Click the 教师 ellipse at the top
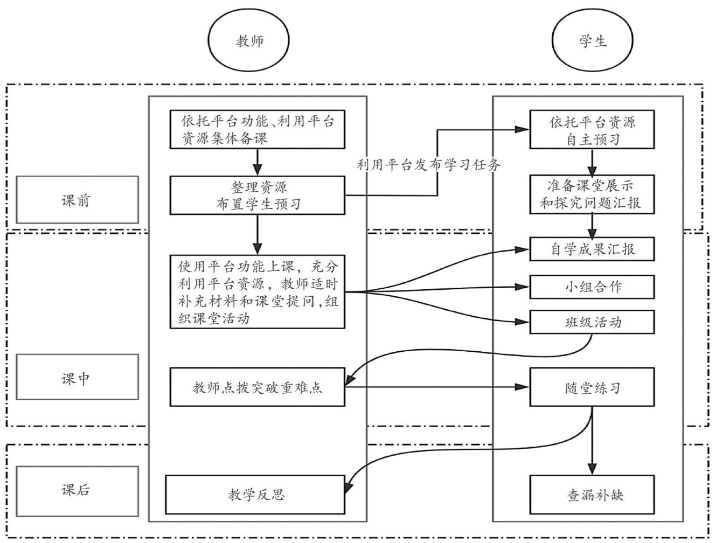pyautogui.click(x=249, y=41)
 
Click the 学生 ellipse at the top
pyautogui.click(x=593, y=41)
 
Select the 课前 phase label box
pyautogui.click(x=77, y=200)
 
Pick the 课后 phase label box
pyautogui.click(x=77, y=490)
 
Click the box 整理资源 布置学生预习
pyautogui.click(x=258, y=195)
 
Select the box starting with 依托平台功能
pyautogui.click(x=258, y=129)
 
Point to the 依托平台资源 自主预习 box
pyautogui.click(x=592, y=130)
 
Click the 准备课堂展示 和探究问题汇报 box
pyautogui.click(x=592, y=194)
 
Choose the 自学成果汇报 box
pyautogui.click(x=592, y=249)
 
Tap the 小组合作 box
pyautogui.click(x=592, y=287)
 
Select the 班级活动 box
pyautogui.click(x=592, y=322)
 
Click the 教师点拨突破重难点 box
pyautogui.click(x=258, y=387)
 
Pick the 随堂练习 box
pyautogui.click(x=592, y=387)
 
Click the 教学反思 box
pyautogui.click(x=255, y=495)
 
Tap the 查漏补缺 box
pyautogui.click(x=592, y=495)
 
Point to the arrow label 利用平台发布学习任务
pyautogui.click(x=428, y=165)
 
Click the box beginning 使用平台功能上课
pyautogui.click(x=258, y=291)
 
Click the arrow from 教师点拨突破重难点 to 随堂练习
pyautogui.click(x=436, y=387)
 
